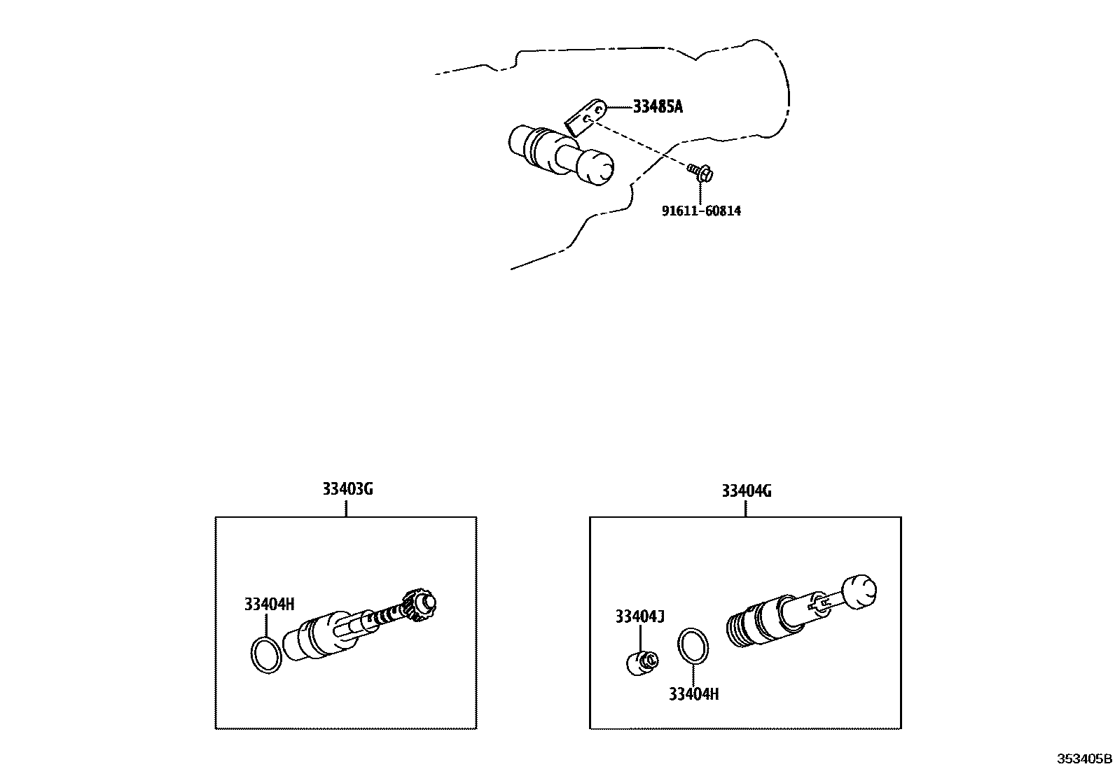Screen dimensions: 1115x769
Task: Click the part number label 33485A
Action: (657, 107)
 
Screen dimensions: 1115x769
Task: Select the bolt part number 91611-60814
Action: (701, 211)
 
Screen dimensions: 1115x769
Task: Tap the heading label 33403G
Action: (347, 489)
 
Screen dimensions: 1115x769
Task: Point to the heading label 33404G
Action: (747, 491)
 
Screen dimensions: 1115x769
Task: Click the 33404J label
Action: (639, 616)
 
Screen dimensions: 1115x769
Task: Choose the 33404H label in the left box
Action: (270, 605)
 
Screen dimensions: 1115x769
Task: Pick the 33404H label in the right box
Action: (694, 694)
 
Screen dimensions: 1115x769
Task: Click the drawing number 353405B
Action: (1084, 759)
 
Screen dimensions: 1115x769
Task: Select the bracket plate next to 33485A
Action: (585, 118)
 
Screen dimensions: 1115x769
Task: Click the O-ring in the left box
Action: (266, 655)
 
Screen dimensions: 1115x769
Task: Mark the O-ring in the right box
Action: (693, 644)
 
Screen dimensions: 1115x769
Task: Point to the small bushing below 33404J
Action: (641, 661)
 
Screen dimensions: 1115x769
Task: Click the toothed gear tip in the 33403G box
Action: (422, 604)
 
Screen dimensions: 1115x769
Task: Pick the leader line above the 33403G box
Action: (347, 507)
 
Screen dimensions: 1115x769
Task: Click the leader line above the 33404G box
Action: (745, 509)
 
